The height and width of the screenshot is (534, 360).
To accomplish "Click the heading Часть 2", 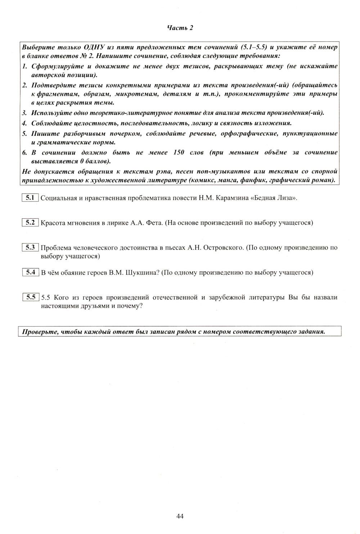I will coord(180,28).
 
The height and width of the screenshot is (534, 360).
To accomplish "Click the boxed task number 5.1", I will coord(30,197).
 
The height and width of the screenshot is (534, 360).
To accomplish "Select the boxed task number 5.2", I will coord(30,222).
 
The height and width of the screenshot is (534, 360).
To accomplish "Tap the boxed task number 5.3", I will coord(30,247).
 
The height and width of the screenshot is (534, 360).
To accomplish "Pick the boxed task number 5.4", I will coord(30,272).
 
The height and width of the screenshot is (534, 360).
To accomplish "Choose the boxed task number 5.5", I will coord(30,297).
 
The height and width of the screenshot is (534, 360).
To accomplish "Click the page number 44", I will coord(180,516).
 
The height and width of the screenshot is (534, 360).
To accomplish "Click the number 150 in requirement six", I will coord(179,152).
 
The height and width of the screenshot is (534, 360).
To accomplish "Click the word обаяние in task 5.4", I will coord(73,272).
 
